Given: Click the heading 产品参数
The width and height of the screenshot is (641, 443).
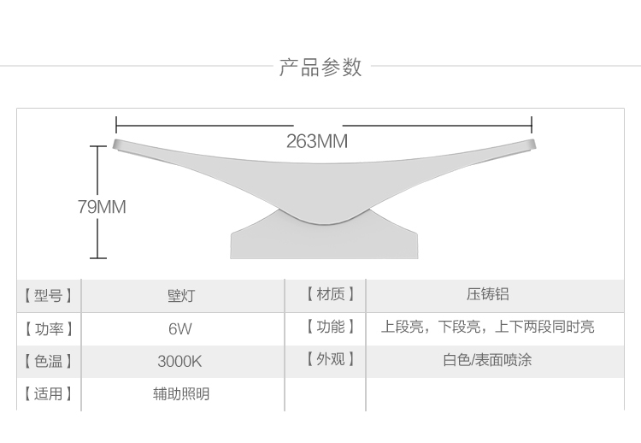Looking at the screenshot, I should pos(320,68).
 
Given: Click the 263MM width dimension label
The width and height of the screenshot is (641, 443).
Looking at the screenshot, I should pos(317,141).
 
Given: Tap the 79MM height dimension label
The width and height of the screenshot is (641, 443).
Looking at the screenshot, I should pos(101,207).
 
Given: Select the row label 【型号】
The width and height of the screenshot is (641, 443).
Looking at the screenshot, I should pos(48,296).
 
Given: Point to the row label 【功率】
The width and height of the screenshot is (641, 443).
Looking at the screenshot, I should pos(48,328).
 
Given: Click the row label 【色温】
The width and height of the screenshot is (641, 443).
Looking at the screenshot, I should pos(48,361).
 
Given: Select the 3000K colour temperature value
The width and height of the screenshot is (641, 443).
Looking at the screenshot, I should pos(179,361).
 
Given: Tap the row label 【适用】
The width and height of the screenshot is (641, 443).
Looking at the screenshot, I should pos(48,394).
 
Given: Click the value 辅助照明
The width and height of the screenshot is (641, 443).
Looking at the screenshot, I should pos(180,394).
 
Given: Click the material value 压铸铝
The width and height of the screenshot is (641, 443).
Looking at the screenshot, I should pos(487,295).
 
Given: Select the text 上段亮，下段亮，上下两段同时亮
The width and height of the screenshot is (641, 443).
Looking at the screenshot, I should pos(487,327).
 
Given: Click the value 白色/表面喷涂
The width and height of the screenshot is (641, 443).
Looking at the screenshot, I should pos(487,360).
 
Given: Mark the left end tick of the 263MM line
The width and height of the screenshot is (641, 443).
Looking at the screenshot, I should pos(115,125).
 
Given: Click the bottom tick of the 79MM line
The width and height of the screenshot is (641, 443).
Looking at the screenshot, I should pos(97,257).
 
